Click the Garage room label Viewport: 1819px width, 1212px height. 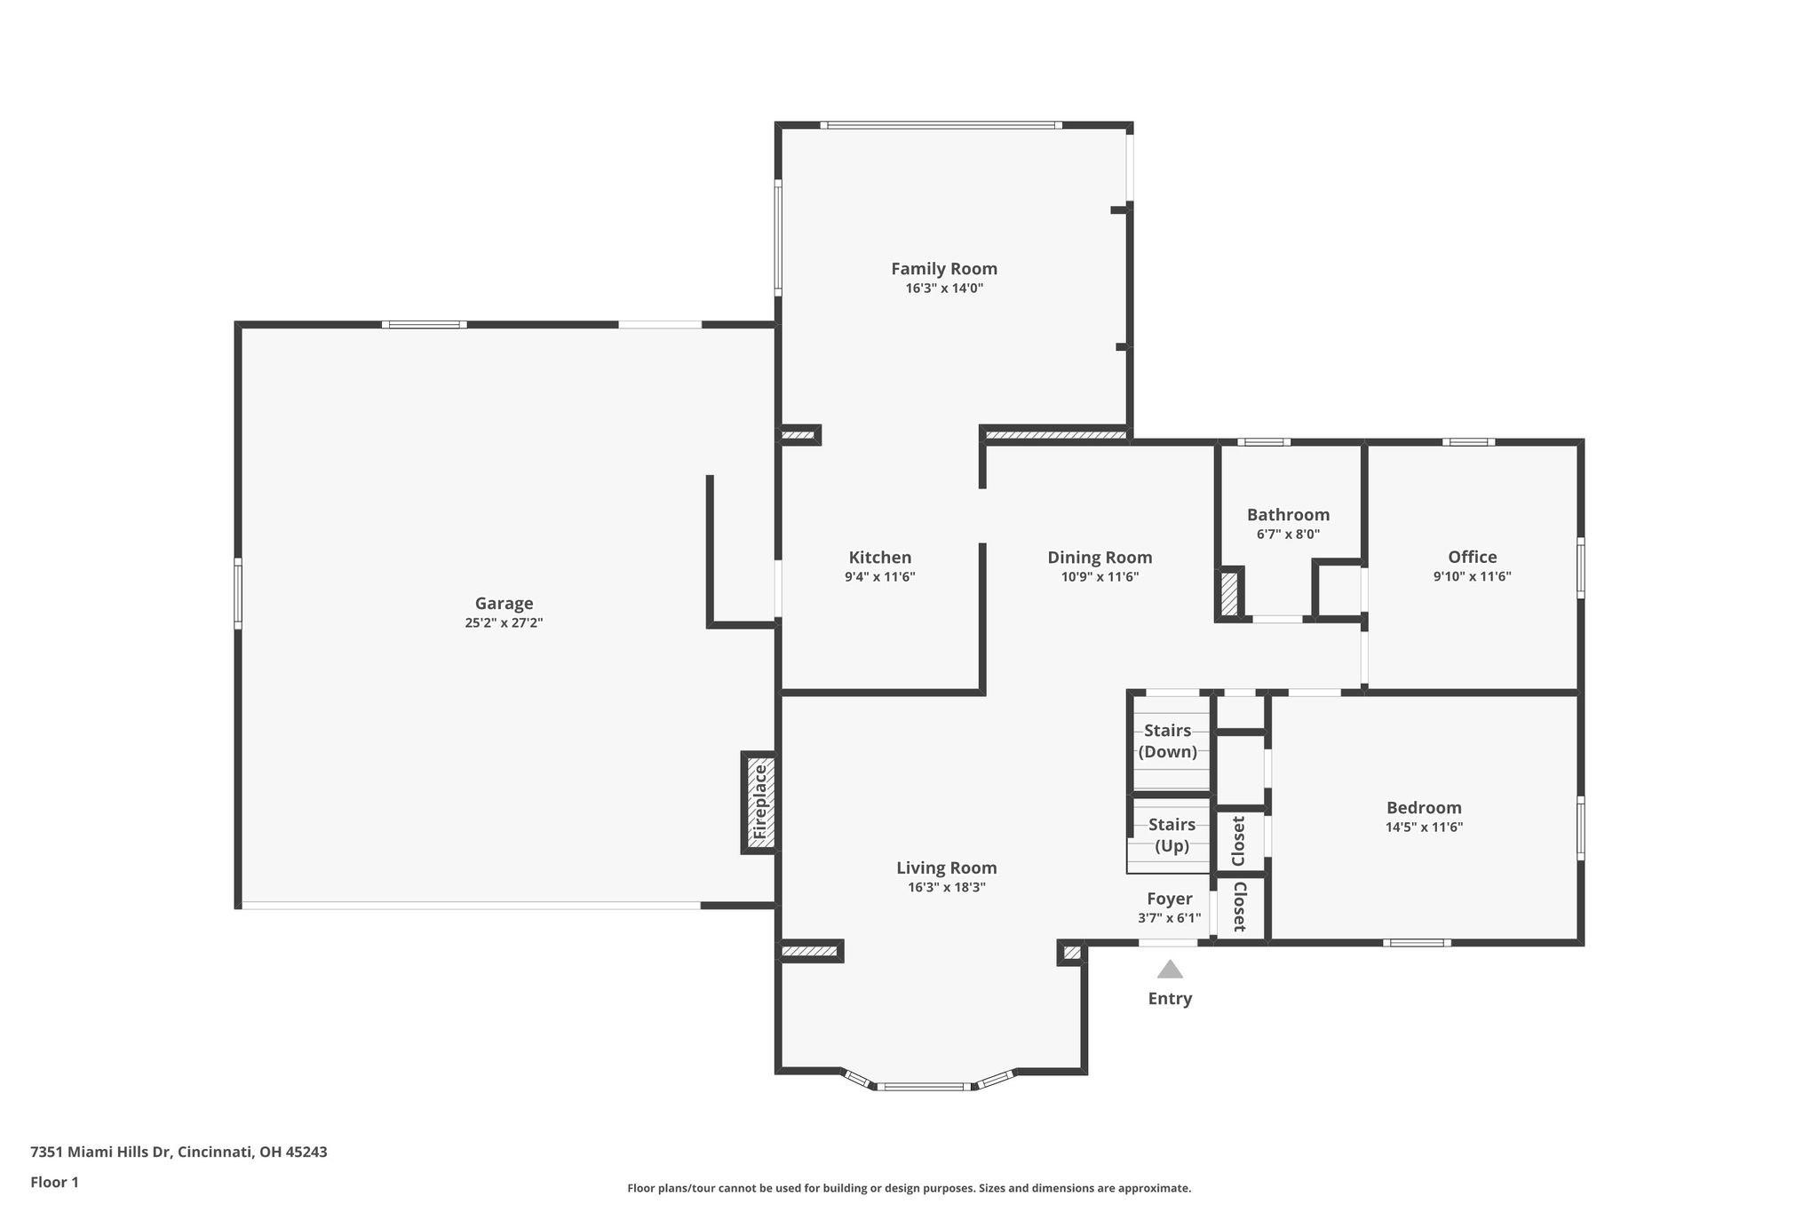click(504, 604)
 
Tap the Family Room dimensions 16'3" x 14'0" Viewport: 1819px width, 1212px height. click(944, 289)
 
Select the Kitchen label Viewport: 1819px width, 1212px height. click(880, 558)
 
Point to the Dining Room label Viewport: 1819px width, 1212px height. click(1100, 558)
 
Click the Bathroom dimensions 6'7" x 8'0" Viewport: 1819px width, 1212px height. click(1288, 535)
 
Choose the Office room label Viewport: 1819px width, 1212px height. click(1472, 557)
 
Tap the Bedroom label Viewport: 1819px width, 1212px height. click(1424, 807)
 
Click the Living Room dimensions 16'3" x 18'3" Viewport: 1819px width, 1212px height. click(946, 887)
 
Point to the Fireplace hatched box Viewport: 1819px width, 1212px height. click(760, 803)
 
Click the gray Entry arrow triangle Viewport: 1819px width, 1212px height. click(1170, 969)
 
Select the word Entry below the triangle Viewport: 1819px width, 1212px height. click(1170, 999)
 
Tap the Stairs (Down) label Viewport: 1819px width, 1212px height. click(1168, 741)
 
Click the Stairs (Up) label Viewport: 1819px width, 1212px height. click(1172, 836)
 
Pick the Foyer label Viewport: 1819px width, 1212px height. click(1170, 899)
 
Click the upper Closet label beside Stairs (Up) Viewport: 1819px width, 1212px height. click(1238, 841)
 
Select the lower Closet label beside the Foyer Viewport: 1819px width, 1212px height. click(1239, 907)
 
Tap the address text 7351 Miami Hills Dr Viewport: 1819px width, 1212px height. click(100, 1153)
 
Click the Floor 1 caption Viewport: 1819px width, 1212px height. click(54, 1183)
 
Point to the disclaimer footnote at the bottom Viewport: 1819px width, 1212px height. click(909, 1188)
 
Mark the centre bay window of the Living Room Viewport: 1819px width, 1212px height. click(924, 1086)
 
